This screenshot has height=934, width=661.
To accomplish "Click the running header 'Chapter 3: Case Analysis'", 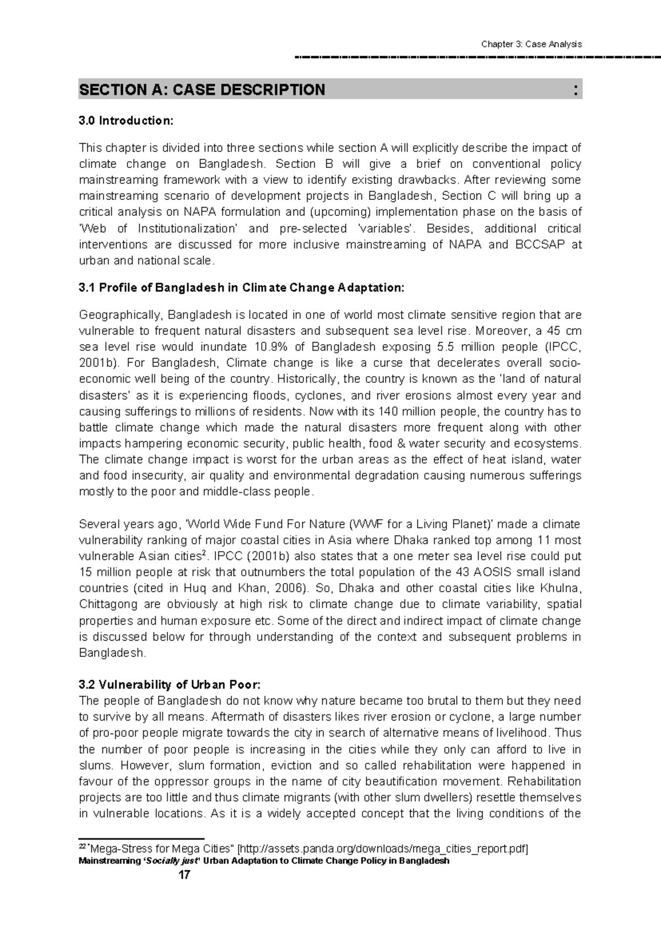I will pos(531,44).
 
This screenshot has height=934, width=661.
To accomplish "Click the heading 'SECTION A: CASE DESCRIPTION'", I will pos(202,90).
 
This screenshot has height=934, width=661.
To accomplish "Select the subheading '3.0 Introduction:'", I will pos(126,121).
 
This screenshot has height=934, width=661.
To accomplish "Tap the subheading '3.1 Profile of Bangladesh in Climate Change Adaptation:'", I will pos(241,288).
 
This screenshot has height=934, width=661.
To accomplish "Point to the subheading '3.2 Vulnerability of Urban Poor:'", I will pos(169,685).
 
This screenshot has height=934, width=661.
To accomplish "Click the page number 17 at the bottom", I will pos(184,875).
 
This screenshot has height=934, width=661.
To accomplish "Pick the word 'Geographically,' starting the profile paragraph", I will pos(121,315).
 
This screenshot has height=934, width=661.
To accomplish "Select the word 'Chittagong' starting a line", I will pos(108,605).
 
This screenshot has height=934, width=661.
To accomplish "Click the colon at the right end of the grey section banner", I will pos(576,90).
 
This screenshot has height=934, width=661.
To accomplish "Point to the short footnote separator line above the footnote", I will pos(142,839).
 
